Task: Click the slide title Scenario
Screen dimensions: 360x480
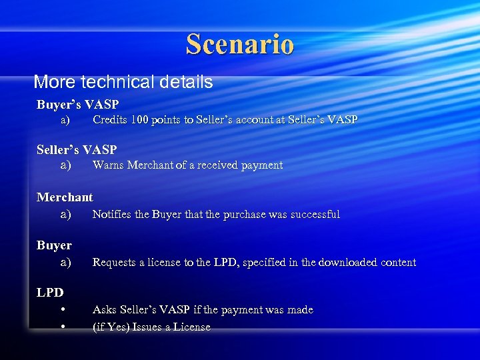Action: (239, 44)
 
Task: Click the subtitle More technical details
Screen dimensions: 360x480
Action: (123, 82)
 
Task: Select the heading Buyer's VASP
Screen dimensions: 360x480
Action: (77, 105)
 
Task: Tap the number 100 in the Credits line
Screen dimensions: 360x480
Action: (140, 120)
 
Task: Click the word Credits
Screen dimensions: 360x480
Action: (110, 120)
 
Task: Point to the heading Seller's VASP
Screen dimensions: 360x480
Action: (77, 149)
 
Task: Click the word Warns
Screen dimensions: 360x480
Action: (107, 165)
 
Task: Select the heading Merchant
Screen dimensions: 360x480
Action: (65, 197)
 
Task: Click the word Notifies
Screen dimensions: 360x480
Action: (112, 214)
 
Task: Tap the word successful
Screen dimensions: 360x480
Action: (315, 214)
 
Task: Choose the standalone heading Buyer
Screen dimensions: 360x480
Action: (54, 245)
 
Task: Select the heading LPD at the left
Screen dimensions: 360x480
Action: (49, 291)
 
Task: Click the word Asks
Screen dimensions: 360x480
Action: (104, 309)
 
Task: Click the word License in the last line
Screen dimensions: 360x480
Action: (191, 327)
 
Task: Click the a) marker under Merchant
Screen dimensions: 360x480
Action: (65, 214)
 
